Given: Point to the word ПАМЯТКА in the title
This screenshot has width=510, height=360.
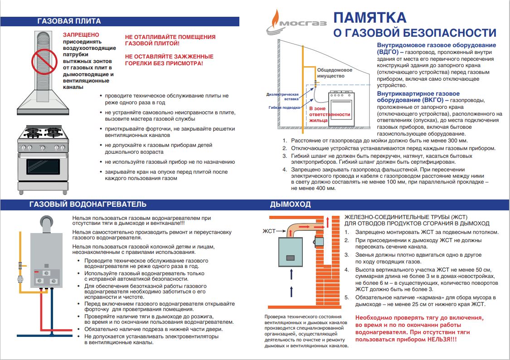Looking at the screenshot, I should pos(370,18).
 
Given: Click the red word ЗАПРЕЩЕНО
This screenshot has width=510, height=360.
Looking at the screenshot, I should pos(81,34).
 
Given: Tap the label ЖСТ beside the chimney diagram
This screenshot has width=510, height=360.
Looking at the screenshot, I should pos(268,231).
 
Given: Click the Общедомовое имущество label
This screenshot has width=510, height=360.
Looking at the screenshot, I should pos(335,73).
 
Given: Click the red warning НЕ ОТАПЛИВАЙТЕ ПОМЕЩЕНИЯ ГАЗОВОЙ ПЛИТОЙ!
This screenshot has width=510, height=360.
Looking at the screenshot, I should pos(170,40).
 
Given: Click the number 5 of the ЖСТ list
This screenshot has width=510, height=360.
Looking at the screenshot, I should pos(346,297).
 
